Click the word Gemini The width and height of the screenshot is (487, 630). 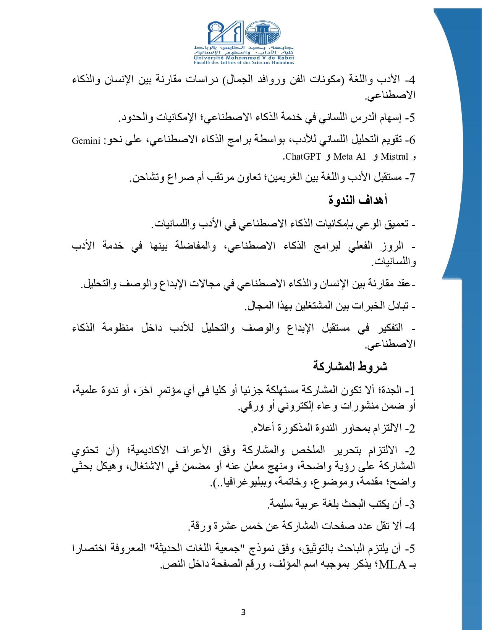pyautogui.click(x=86, y=141)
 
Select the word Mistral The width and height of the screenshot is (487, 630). pyautogui.click(x=395, y=157)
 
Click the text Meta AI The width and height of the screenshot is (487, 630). pyautogui.click(x=349, y=157)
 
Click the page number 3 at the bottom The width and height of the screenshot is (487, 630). pyautogui.click(x=243, y=612)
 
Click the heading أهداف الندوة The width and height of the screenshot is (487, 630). pyautogui.click(x=358, y=200)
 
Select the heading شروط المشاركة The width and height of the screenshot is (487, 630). pyautogui.click(x=350, y=367)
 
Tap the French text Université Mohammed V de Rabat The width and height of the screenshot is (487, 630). pyautogui.click(x=244, y=58)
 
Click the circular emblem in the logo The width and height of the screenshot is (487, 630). pyautogui.click(x=262, y=33)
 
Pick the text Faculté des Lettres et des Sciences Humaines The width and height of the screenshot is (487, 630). pyautogui.click(x=244, y=63)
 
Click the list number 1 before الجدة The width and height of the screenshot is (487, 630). pyautogui.click(x=411, y=390)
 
